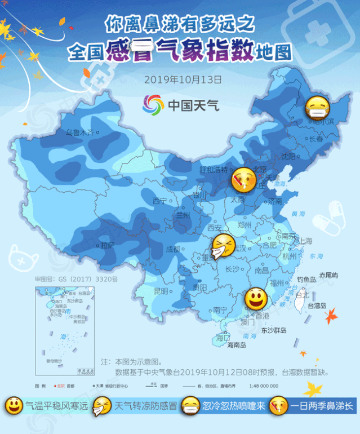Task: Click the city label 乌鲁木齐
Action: [x=79, y=132]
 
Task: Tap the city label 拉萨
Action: [x=107, y=245]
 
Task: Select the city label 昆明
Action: [x=161, y=291]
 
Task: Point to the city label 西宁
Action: [x=160, y=201]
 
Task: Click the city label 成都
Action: [x=173, y=249]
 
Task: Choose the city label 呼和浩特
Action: [x=214, y=169]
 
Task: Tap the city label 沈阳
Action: [x=288, y=156]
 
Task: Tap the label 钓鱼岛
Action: [x=306, y=279]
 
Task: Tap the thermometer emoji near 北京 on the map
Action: [x=243, y=180]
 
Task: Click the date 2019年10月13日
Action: [x=183, y=79]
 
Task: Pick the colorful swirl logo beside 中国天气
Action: [x=153, y=104]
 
